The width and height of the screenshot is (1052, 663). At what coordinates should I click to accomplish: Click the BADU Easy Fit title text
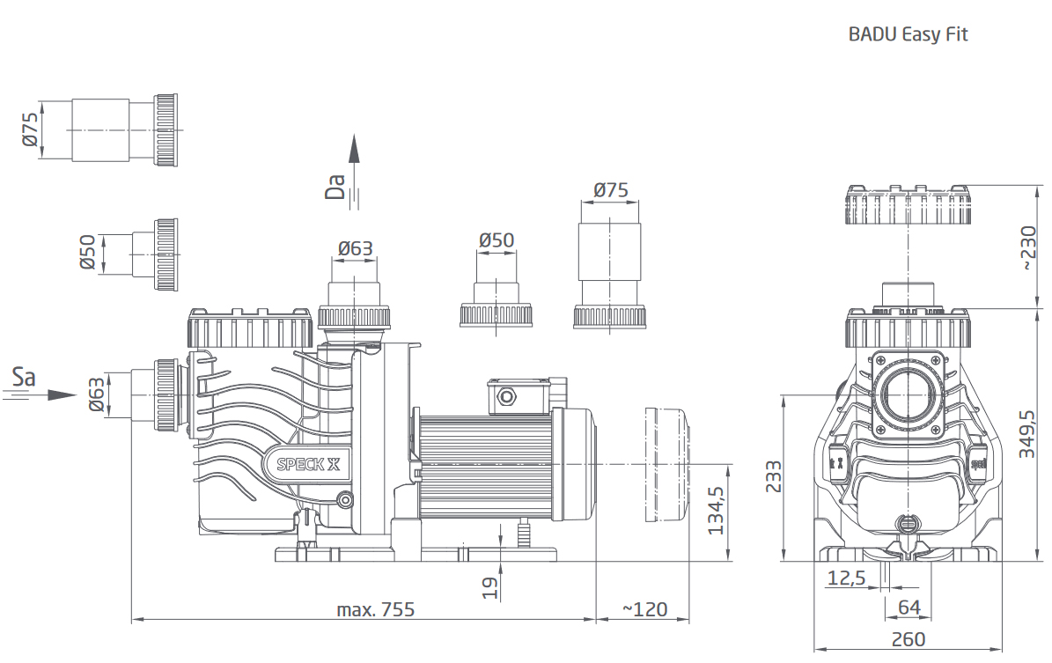pos(908,34)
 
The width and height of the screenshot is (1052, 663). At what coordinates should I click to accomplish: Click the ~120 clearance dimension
pos(644,608)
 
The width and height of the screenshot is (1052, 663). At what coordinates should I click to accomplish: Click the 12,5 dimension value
pos(847,578)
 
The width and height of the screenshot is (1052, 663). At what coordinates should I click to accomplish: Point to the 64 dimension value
pos(909,607)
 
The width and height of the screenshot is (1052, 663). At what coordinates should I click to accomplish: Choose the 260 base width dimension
pos(907,639)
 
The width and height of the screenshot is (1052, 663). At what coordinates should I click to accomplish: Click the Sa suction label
pos(24,378)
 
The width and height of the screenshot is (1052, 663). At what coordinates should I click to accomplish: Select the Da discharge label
pos(335,187)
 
